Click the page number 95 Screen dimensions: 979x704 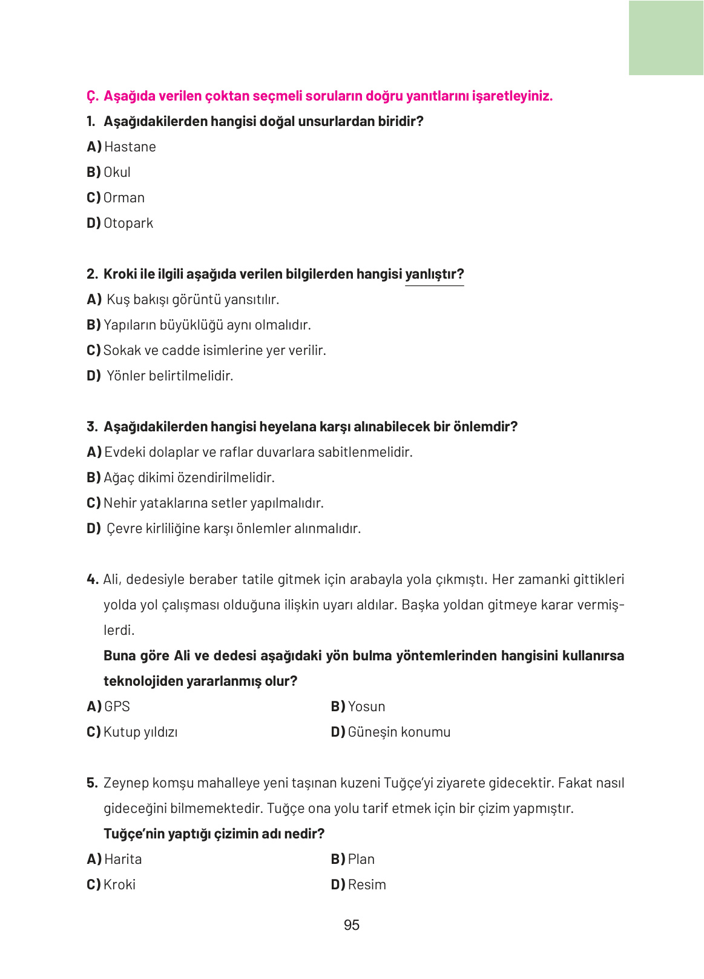[351, 925]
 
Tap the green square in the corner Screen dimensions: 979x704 [666, 38]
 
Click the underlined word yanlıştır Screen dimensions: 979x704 [434, 274]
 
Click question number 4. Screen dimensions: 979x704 [92, 579]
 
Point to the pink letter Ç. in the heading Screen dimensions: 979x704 [92, 96]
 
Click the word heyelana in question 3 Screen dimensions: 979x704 [285, 426]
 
